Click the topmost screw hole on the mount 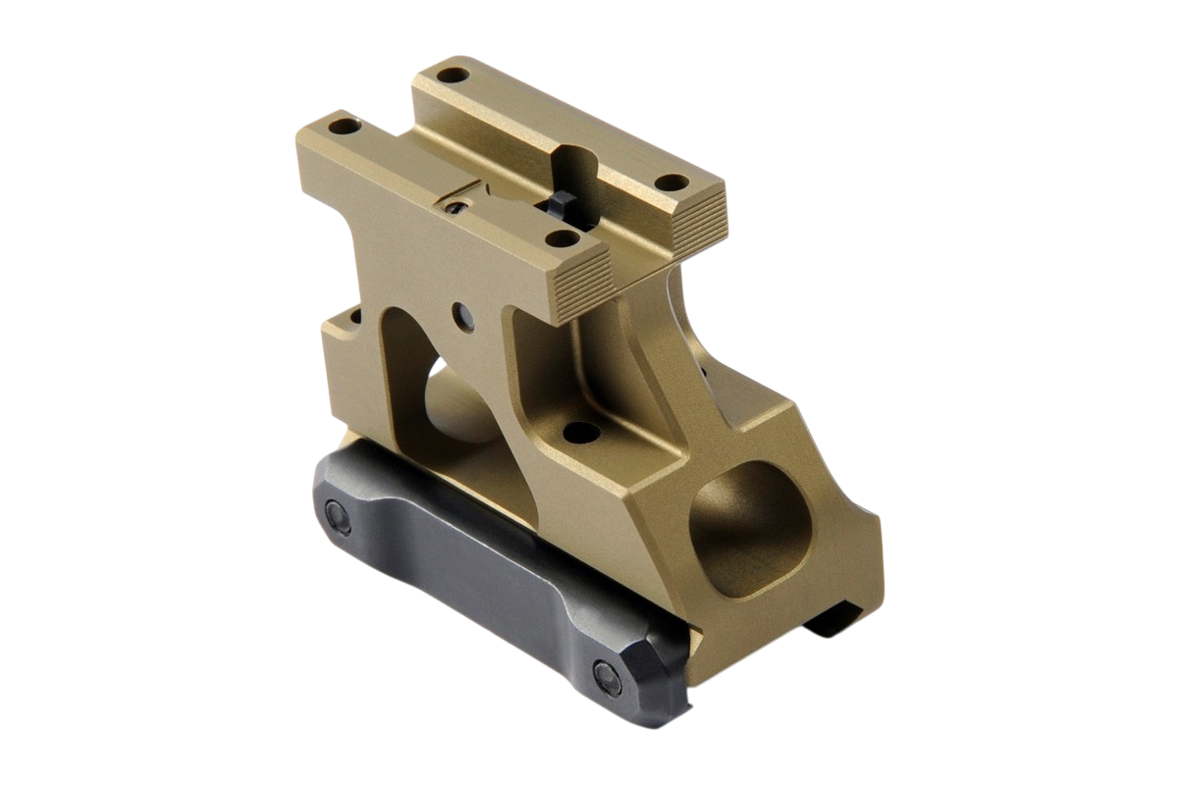point(453,75)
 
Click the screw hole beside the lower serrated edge point(562,236)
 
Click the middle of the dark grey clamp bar point(471,569)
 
